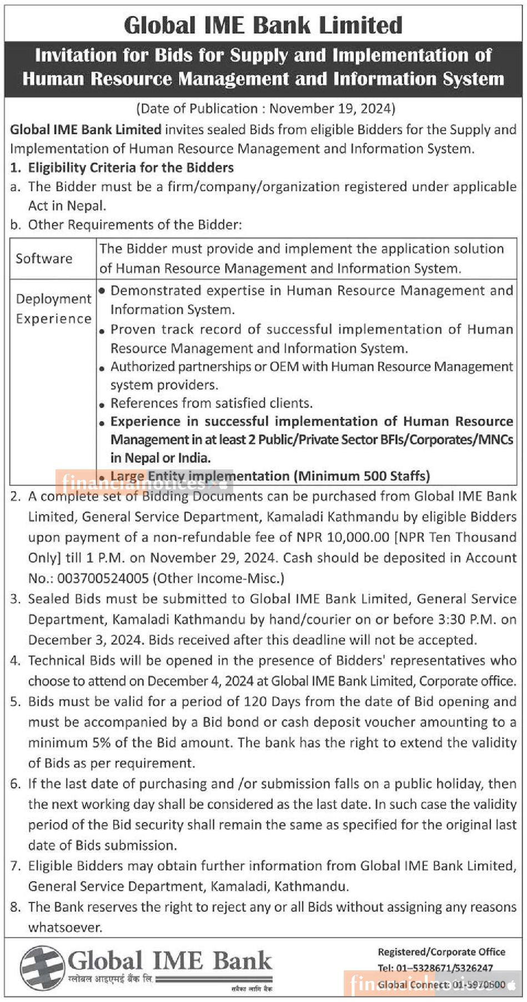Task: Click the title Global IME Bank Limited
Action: (263, 26)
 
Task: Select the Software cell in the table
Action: (44, 259)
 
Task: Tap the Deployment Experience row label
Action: (53, 309)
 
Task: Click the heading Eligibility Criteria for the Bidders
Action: (131, 168)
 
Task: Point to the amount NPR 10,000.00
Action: (343, 537)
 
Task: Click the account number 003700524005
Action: (103, 578)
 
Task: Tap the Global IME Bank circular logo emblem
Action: (42, 968)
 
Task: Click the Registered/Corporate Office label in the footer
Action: (441, 952)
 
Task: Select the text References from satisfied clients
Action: (211, 403)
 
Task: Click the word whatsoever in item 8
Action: (65, 927)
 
